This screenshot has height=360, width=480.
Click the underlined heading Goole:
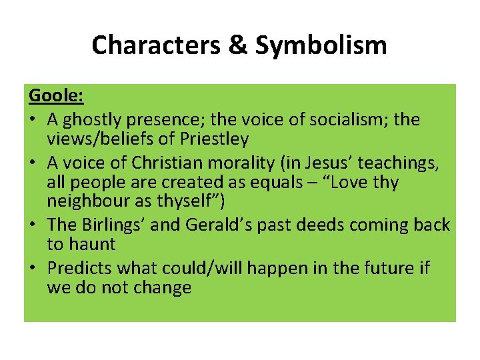pyautogui.click(x=56, y=95)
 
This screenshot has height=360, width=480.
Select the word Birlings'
pyautogui.click(x=115, y=225)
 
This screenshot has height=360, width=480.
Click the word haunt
pyautogui.click(x=91, y=244)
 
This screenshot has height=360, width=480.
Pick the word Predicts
pyautogui.click(x=81, y=268)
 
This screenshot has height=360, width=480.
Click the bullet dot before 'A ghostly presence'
pyautogui.click(x=33, y=121)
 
